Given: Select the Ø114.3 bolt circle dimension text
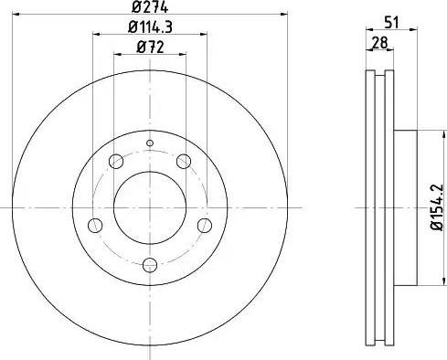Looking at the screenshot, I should tap(149, 28).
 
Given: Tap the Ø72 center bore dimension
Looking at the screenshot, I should tap(149, 48).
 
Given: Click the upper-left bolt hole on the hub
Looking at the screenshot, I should tap(115, 163).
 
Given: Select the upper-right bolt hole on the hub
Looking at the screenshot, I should tap(184, 163).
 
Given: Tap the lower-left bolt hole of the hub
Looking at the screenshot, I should tap(95, 226).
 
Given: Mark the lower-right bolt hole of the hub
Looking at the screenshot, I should tap(204, 226).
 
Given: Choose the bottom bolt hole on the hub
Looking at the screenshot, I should tap(150, 265).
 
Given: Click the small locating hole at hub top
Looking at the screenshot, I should tap(150, 143).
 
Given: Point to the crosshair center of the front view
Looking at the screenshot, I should tap(150, 207).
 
